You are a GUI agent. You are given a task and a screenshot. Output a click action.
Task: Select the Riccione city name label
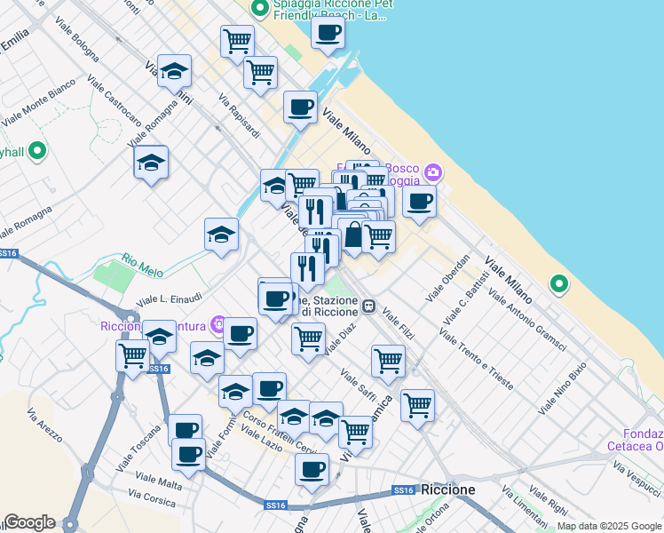coord(447,489)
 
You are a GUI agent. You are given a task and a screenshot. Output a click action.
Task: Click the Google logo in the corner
coord(29,522)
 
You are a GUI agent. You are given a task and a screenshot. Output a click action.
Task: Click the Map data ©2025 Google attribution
coord(609,527)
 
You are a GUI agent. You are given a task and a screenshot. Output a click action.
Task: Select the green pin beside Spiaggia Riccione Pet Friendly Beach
coord(260,10)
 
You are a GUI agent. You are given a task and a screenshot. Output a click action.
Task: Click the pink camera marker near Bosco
coord(432,171)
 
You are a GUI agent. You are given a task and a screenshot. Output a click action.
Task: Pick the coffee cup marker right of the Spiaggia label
coord(328,33)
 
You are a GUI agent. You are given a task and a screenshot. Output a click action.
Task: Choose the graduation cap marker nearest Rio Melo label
coord(221,235)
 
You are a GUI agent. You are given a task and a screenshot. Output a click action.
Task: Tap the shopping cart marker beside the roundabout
coord(132,356)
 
